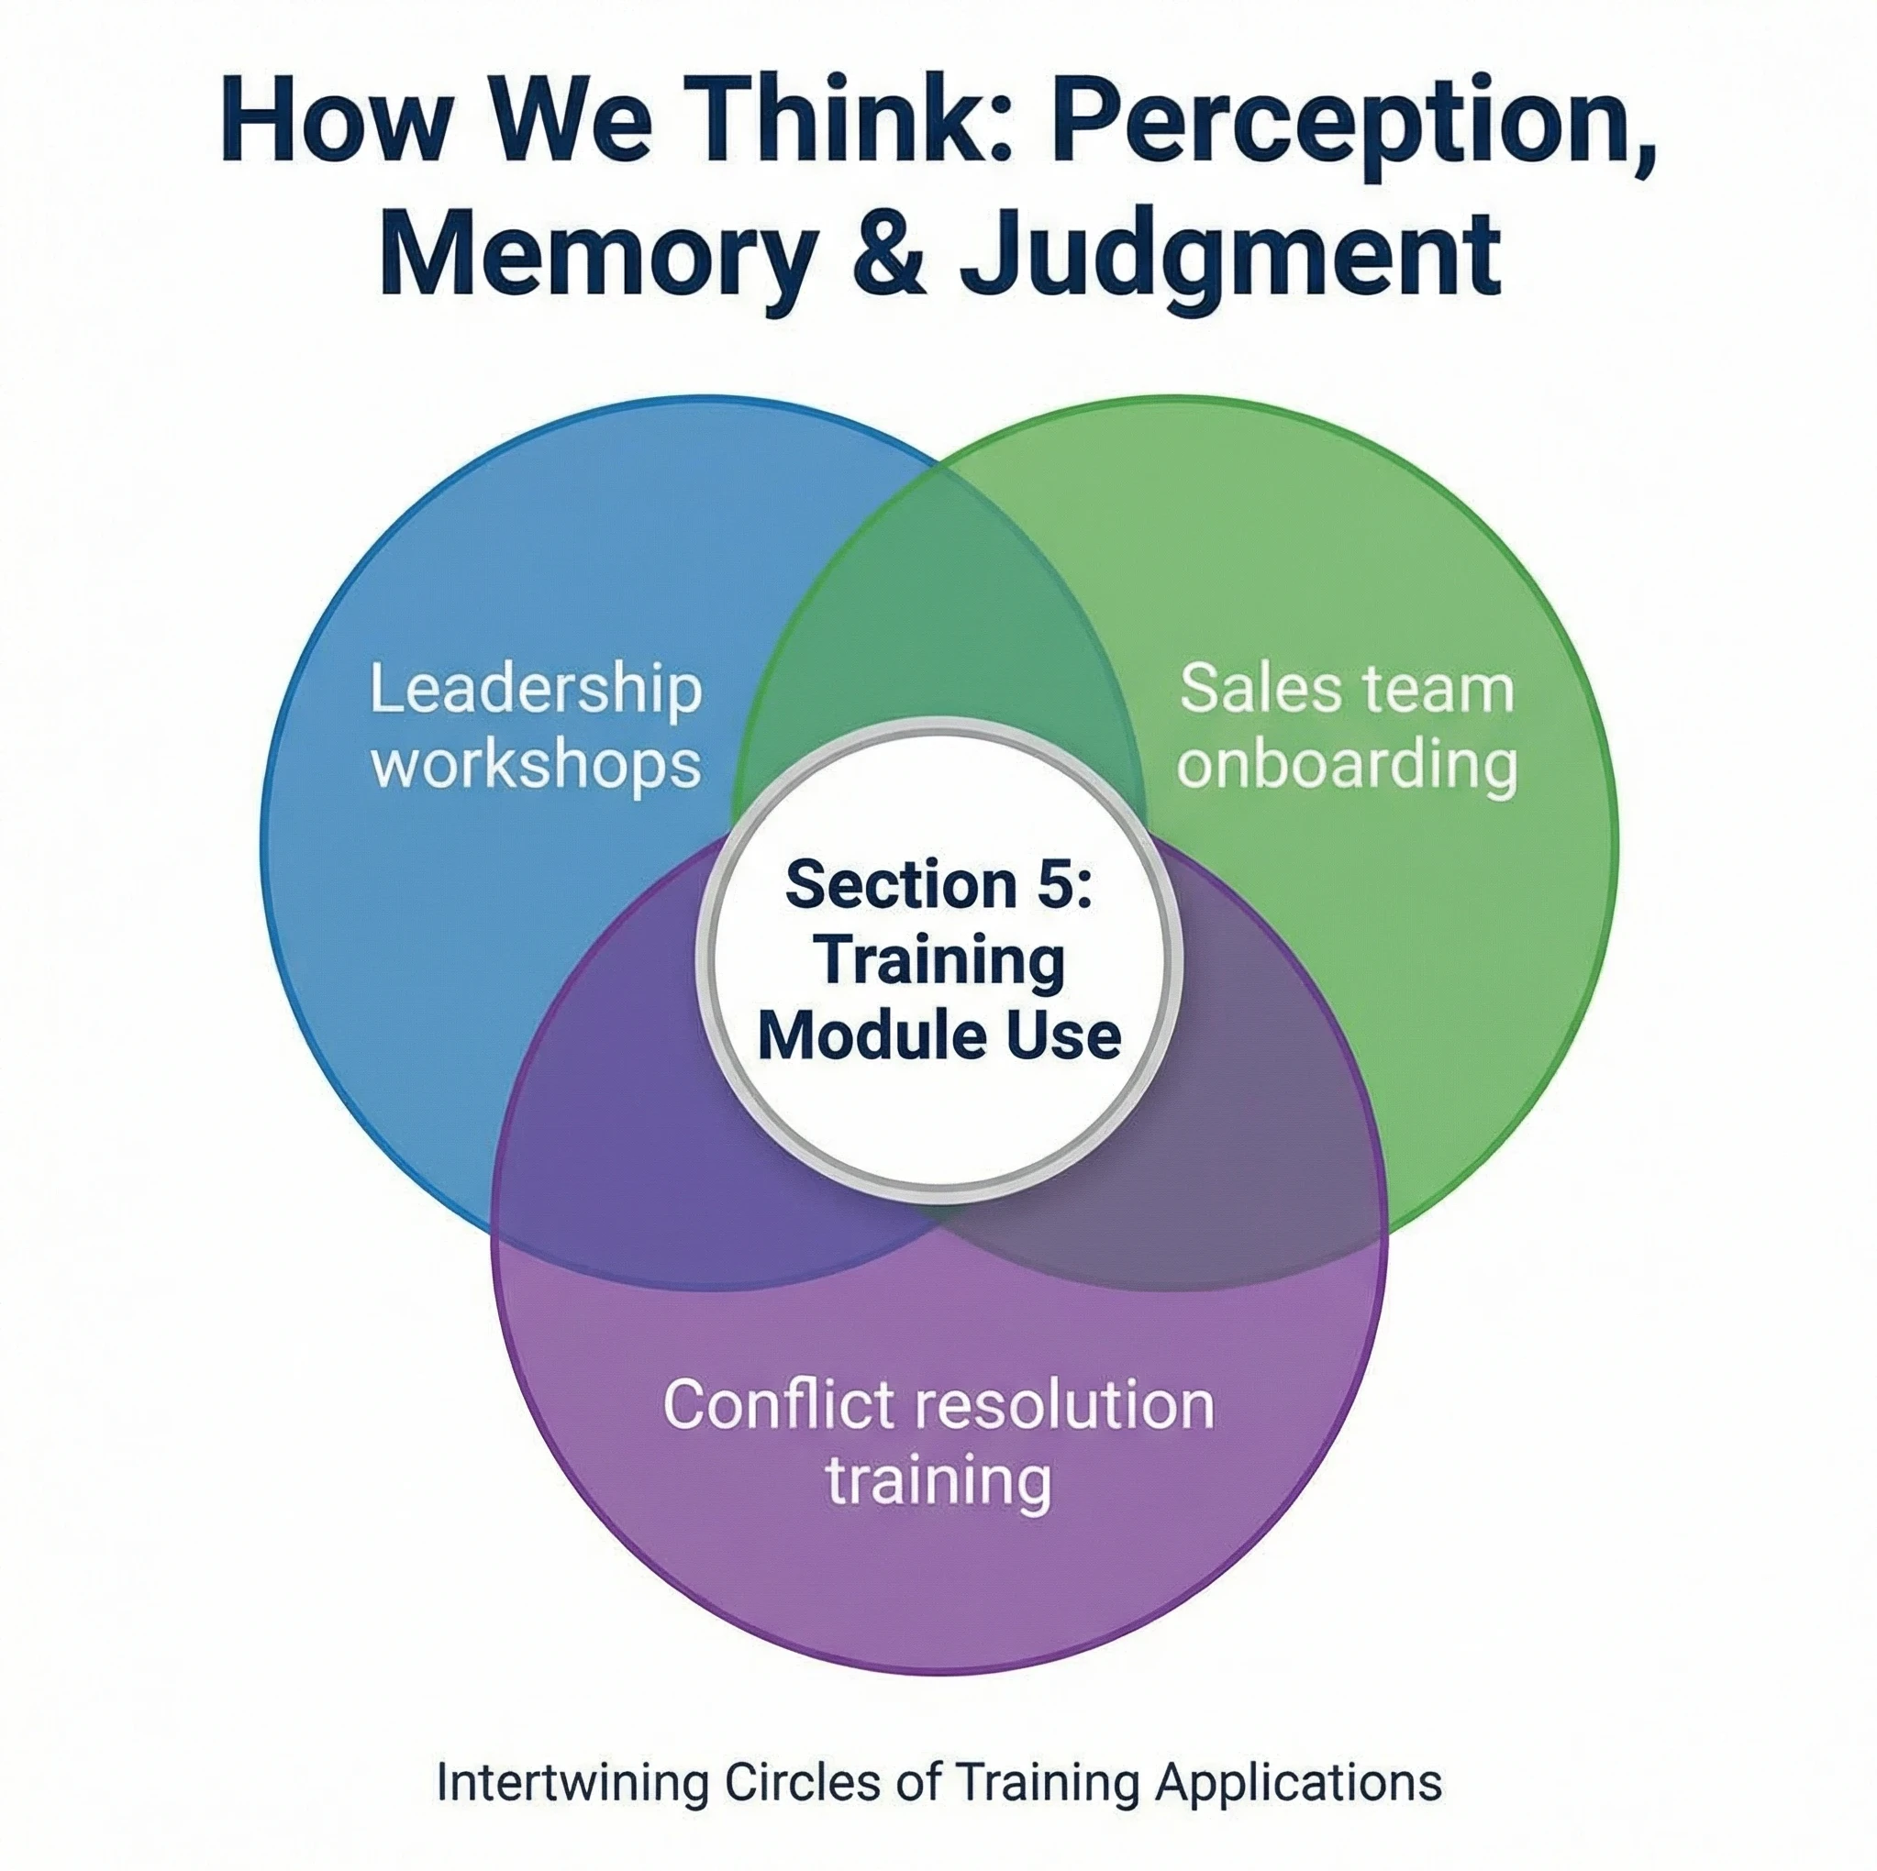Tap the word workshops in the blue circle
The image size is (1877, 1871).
point(537,765)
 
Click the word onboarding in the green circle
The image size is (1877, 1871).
point(1347,765)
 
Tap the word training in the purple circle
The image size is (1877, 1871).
point(938,1479)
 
